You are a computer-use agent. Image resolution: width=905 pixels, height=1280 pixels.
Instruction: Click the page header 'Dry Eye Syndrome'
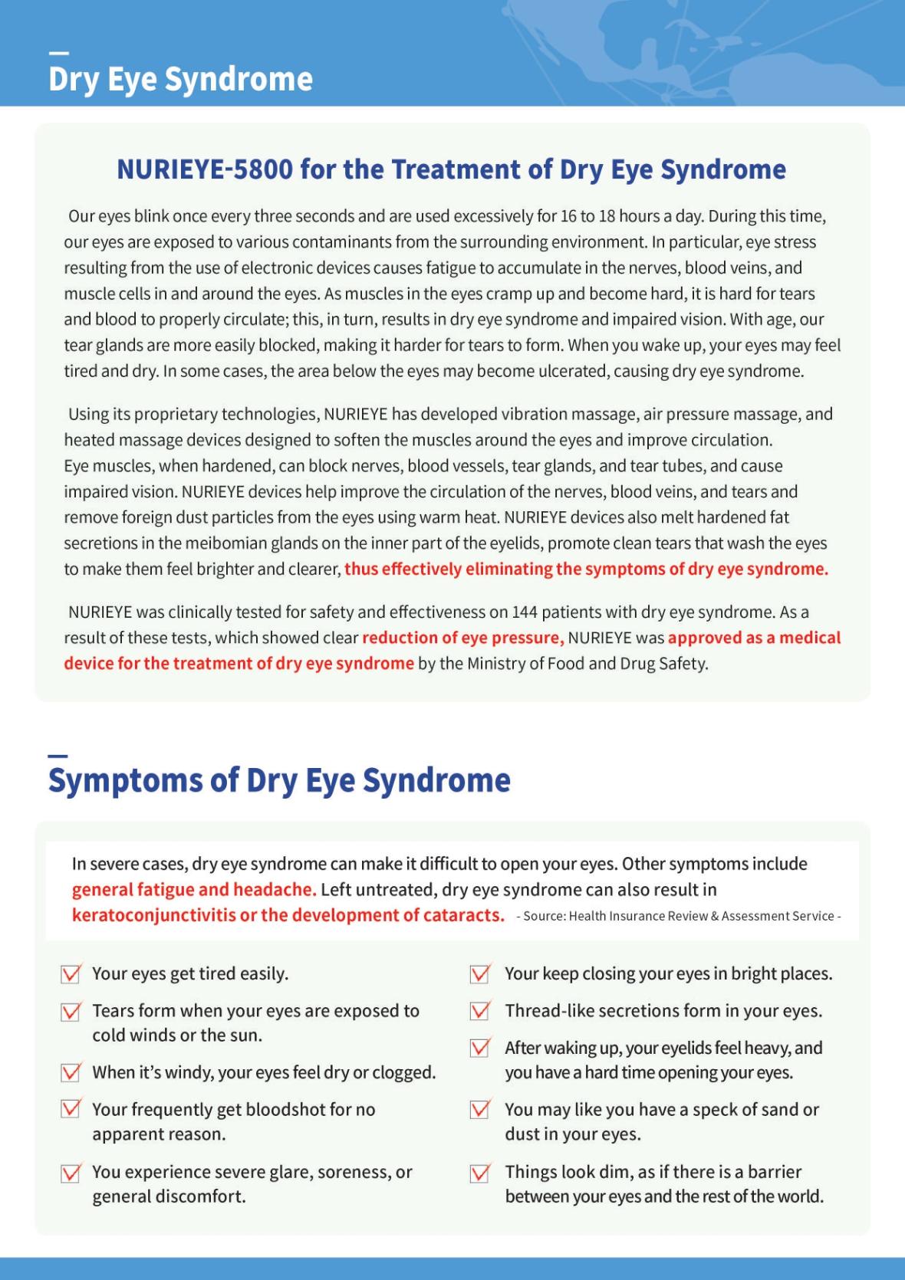click(x=180, y=79)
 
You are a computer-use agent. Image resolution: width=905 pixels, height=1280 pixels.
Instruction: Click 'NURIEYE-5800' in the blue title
click(x=204, y=169)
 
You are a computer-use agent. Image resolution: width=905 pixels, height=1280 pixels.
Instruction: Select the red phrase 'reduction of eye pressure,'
click(x=462, y=638)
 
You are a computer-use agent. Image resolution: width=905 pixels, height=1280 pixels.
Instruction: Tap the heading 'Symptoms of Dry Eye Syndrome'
click(x=279, y=780)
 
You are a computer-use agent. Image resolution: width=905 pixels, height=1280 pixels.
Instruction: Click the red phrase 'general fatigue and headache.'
click(x=194, y=890)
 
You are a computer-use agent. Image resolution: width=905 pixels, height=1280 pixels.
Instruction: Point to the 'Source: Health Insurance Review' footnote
click(x=678, y=916)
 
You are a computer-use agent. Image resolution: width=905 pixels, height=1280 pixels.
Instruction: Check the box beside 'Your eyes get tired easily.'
click(x=71, y=974)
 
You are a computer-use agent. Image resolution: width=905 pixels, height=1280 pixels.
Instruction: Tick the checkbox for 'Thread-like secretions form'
click(x=480, y=1011)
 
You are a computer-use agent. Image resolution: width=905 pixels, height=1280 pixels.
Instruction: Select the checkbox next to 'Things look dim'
click(x=480, y=1173)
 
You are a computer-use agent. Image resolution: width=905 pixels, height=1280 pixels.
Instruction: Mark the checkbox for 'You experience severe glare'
click(x=71, y=1173)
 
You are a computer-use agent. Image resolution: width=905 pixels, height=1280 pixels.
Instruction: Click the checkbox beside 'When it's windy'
click(x=71, y=1072)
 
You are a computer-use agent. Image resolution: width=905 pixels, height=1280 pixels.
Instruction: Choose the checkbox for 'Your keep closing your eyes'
click(x=480, y=974)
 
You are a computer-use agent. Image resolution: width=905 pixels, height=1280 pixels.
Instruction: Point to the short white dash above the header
click(x=58, y=54)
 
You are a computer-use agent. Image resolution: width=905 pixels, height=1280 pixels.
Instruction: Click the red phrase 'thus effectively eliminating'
click(x=448, y=569)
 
